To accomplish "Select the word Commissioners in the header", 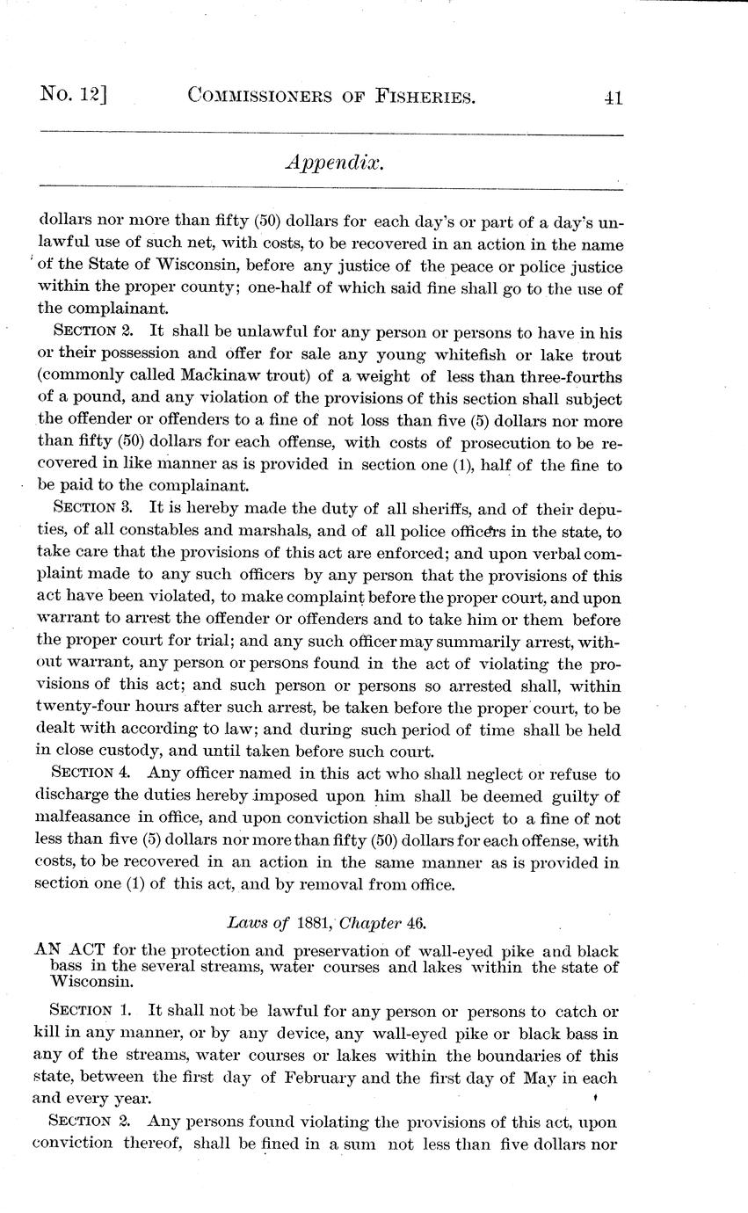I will (269, 97).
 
